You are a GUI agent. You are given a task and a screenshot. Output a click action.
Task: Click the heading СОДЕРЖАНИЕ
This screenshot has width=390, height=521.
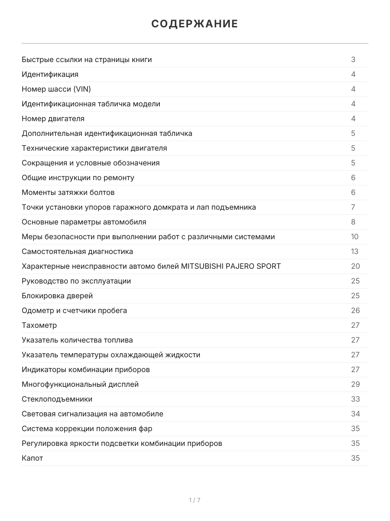[x=195, y=24]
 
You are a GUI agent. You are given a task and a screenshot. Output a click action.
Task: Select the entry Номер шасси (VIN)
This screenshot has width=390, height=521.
[x=56, y=89]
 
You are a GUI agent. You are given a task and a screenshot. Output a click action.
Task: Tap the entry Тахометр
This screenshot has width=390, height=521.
[x=39, y=325]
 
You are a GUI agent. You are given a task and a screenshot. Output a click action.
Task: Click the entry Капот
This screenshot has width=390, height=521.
[x=32, y=458]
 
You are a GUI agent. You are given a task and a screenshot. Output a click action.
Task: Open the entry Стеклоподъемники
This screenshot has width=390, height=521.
[x=57, y=399]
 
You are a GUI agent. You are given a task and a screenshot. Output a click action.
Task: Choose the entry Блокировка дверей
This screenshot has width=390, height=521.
[x=57, y=296]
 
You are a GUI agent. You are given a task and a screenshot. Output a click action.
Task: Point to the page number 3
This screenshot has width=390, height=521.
[x=353, y=59]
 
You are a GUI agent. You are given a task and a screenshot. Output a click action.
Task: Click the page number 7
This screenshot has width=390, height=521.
[x=353, y=207]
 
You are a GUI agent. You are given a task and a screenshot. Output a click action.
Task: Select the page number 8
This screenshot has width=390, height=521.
[x=353, y=222]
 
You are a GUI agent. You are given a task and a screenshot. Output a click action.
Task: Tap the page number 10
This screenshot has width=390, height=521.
[x=355, y=237]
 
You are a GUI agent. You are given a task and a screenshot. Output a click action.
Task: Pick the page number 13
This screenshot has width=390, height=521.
[x=355, y=251]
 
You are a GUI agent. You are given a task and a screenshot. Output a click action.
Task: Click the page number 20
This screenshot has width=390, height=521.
[x=355, y=266]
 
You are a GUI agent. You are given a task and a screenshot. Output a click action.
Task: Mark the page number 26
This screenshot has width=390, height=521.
[x=355, y=310]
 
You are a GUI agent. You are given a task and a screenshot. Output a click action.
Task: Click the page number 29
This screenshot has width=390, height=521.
[x=355, y=384]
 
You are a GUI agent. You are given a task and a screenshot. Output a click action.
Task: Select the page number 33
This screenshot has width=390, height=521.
[x=355, y=399]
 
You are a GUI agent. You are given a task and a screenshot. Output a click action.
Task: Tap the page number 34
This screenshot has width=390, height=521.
[x=355, y=414]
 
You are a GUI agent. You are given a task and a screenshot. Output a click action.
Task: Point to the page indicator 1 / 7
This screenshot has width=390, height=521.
[x=195, y=500]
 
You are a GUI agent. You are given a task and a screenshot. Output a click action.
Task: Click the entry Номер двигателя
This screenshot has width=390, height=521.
[x=53, y=119]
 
